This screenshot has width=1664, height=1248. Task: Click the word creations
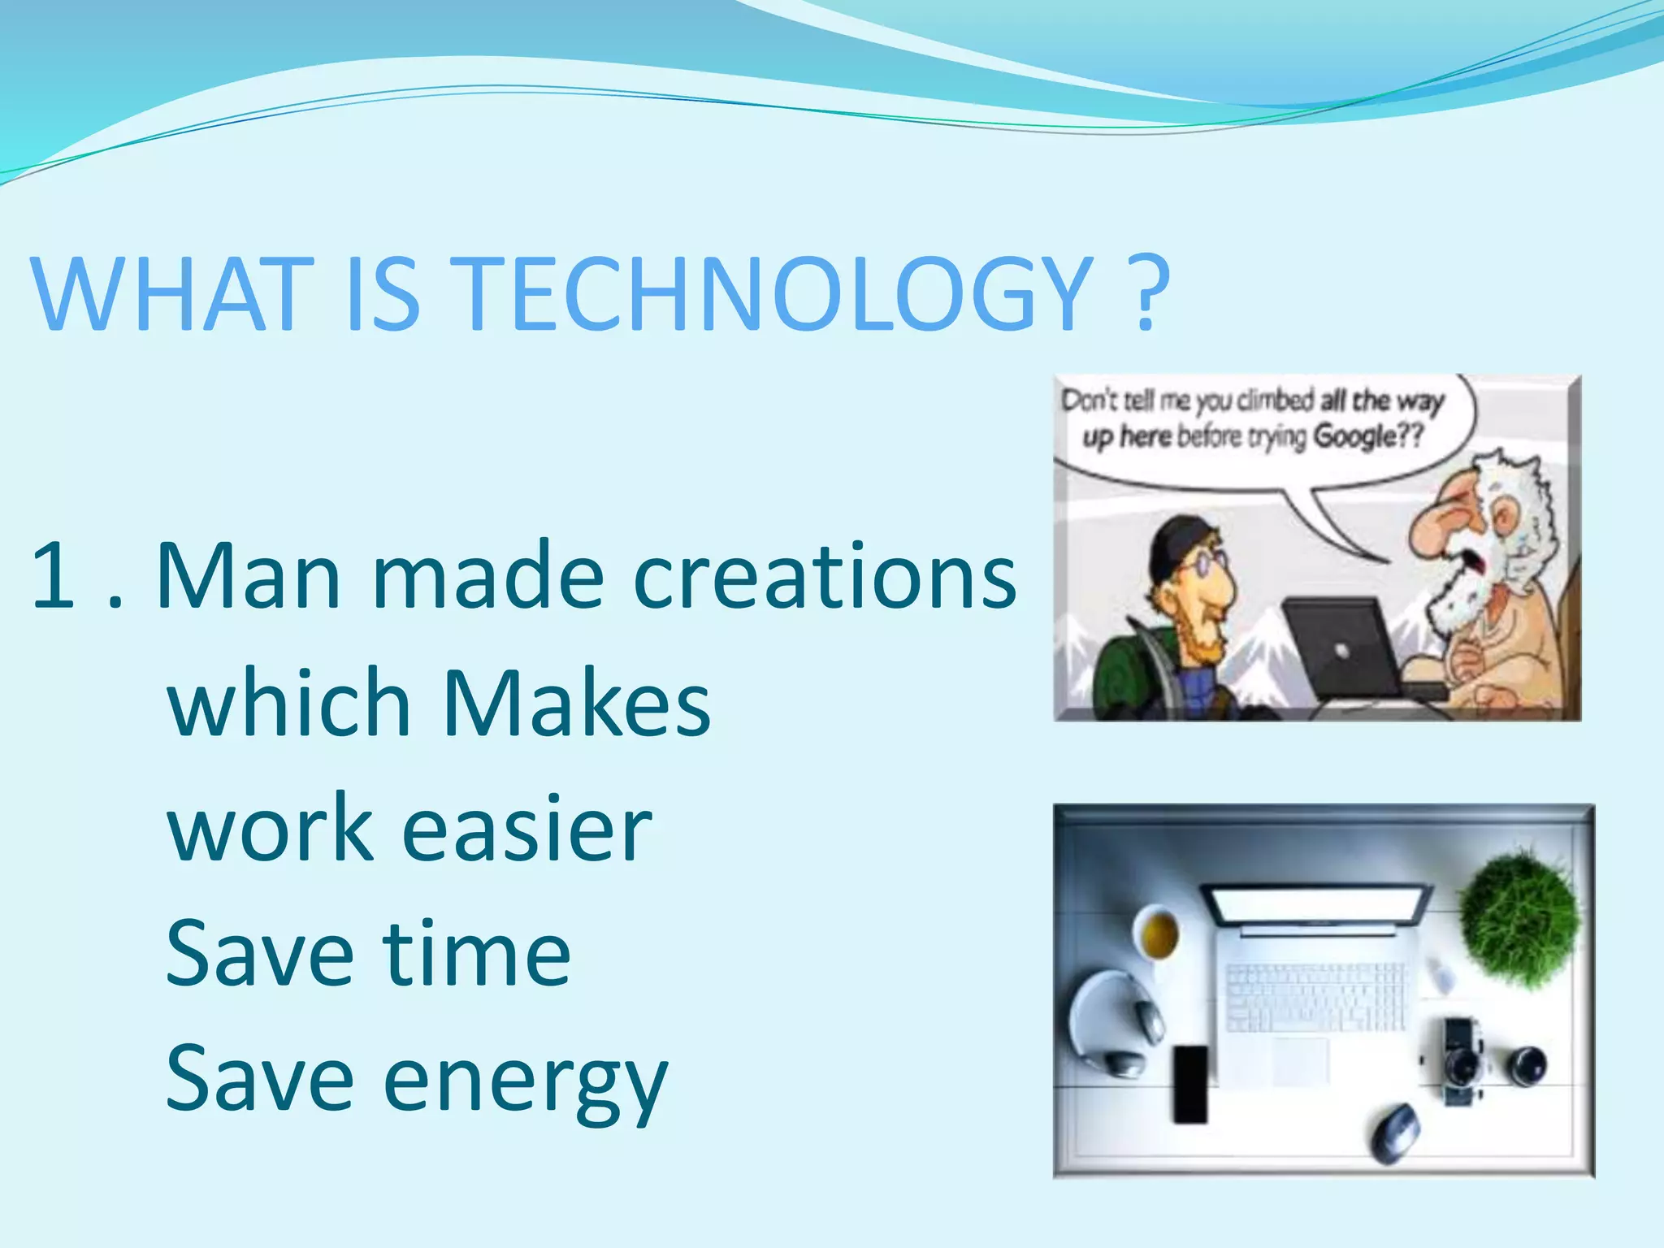click(x=824, y=575)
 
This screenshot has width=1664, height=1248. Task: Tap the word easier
click(x=526, y=829)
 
